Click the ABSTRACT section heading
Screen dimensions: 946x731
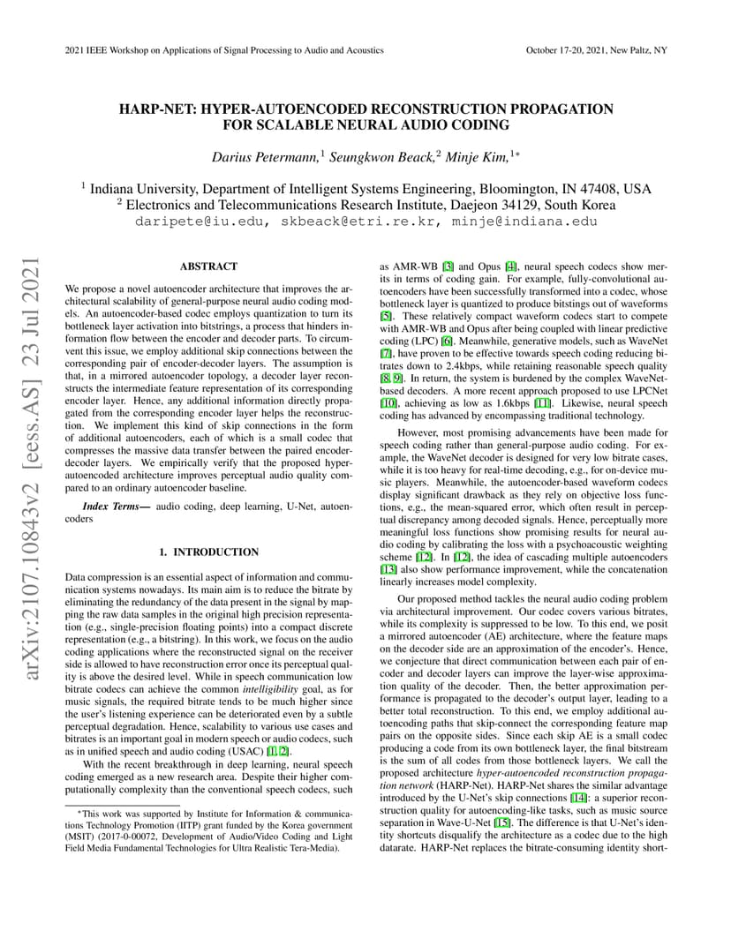click(208, 266)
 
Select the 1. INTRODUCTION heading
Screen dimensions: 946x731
click(208, 552)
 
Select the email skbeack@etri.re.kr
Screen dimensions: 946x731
click(357, 221)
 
